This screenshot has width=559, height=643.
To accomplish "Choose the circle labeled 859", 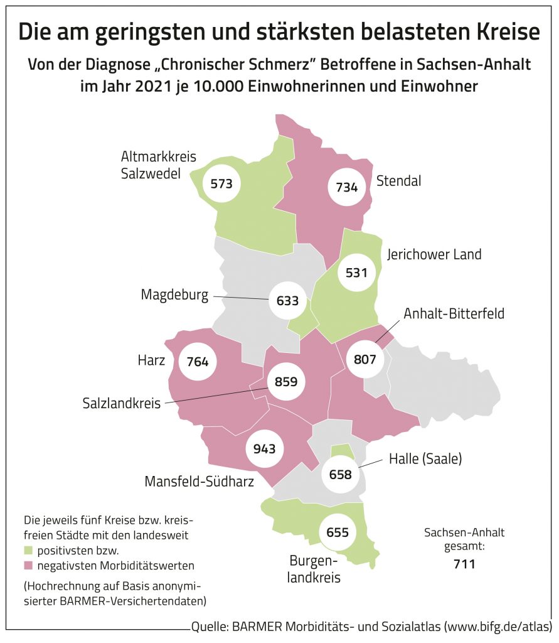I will point(287,381).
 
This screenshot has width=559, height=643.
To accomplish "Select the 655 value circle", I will point(337,532).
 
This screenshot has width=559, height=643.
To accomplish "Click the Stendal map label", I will point(398,181).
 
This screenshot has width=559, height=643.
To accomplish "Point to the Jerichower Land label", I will point(434,254).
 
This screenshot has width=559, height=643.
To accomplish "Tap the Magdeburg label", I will point(174,294).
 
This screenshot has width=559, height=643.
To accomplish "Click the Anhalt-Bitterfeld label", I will point(454,313).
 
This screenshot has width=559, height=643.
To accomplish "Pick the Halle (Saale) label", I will point(425,459).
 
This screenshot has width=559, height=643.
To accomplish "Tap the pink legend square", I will point(29,565).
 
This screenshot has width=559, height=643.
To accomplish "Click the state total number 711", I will point(464,564).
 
